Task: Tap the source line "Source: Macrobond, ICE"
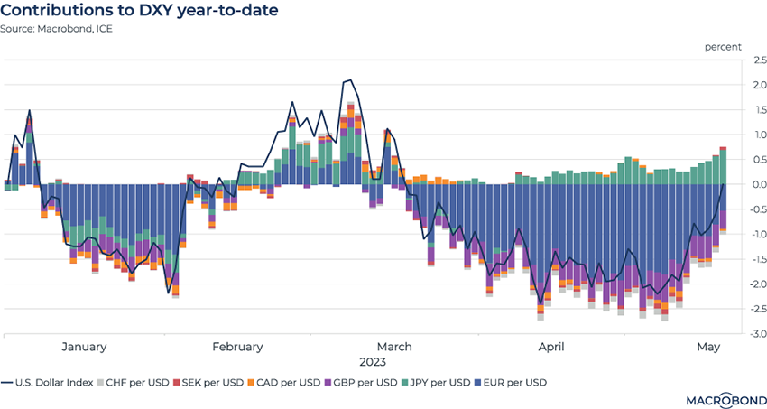(x=63, y=29)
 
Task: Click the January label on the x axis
(x=84, y=347)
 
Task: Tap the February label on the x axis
(x=237, y=347)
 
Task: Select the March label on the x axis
(x=393, y=347)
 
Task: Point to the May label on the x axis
(x=709, y=347)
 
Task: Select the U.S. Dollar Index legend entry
(x=54, y=383)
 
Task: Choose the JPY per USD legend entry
(x=435, y=383)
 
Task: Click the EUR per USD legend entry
(x=511, y=383)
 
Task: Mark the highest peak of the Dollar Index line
(x=349, y=80)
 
